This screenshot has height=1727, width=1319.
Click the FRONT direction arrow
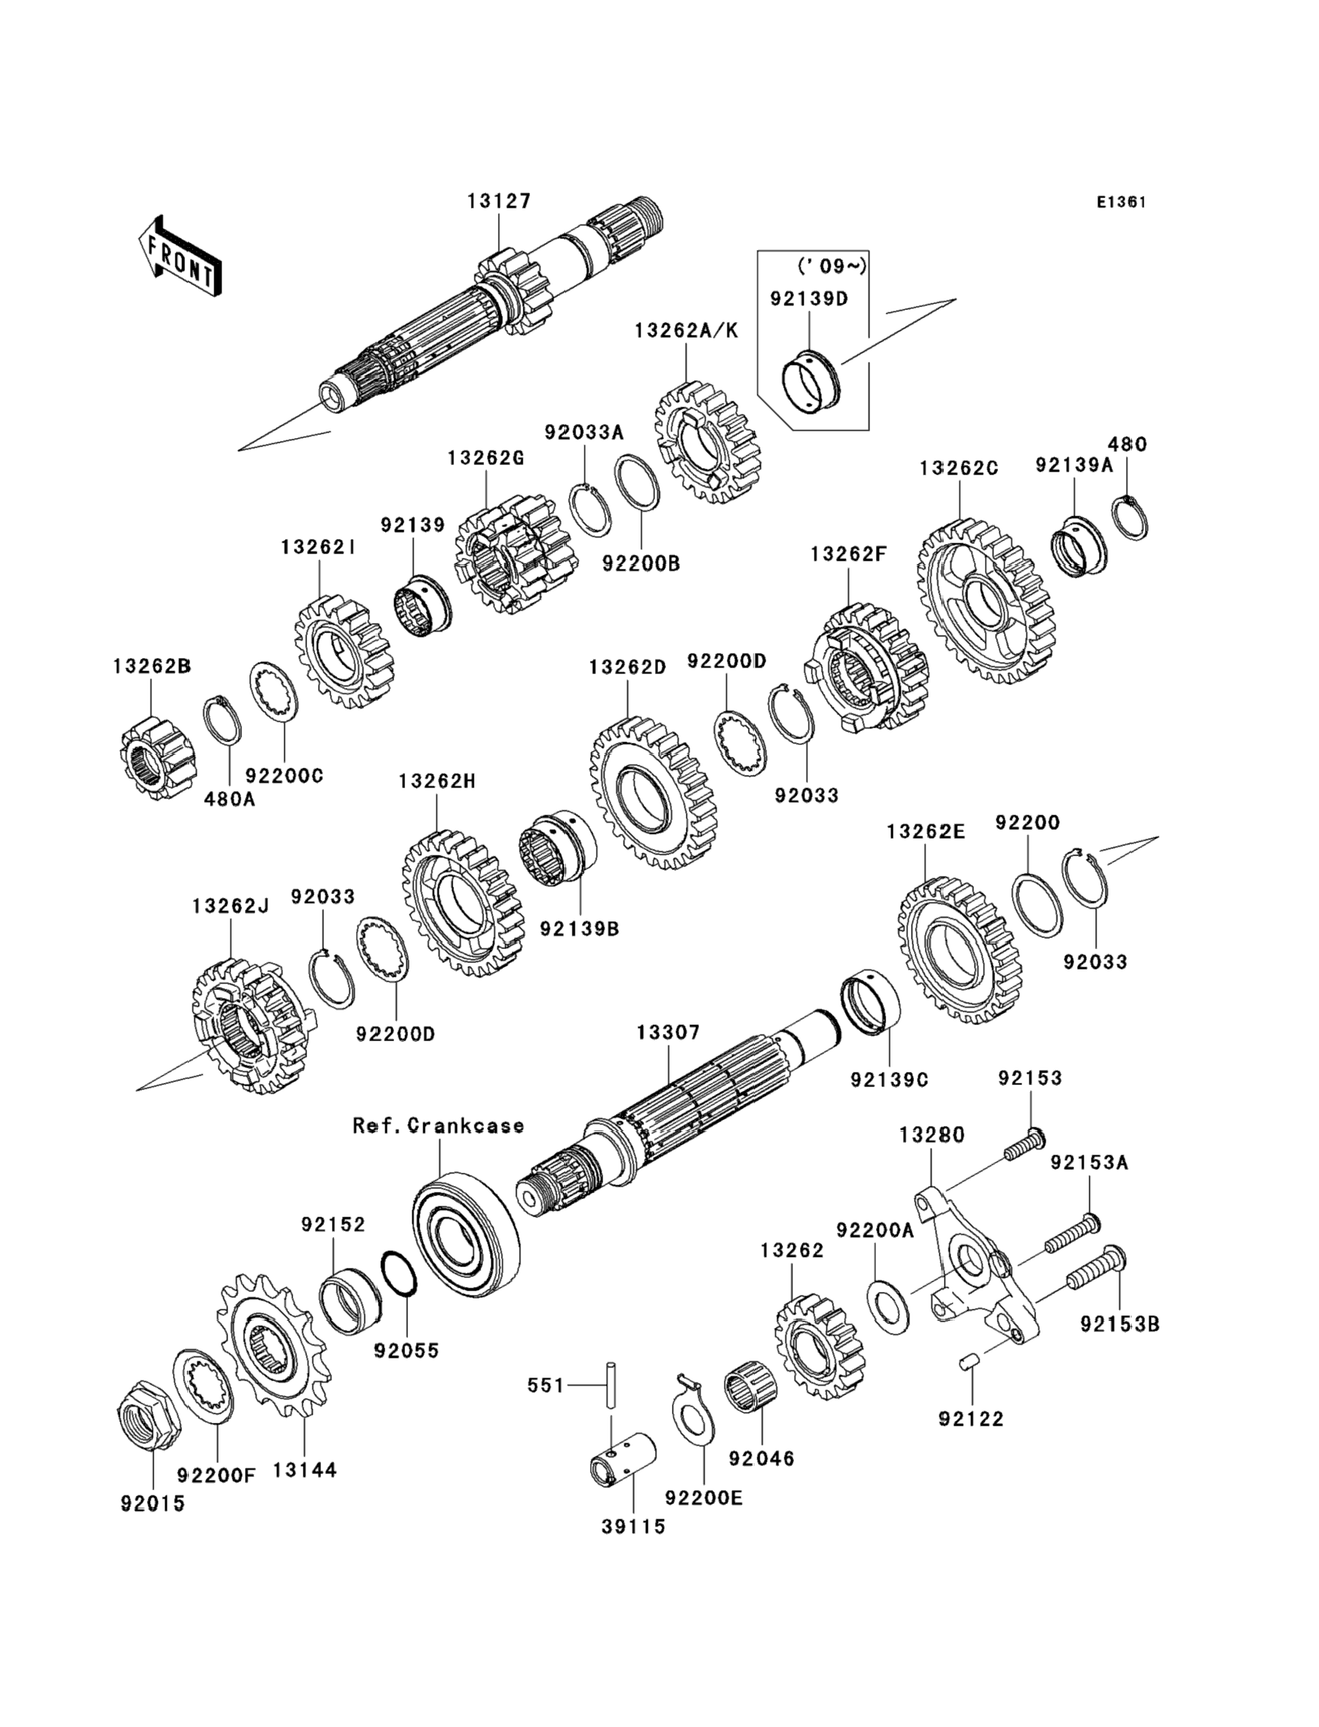click(x=178, y=257)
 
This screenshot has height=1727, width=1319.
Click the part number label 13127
click(x=499, y=201)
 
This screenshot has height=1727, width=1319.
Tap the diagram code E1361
click(x=1122, y=202)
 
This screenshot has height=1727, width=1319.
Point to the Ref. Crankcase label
click(x=438, y=1126)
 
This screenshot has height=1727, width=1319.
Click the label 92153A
click(x=1089, y=1163)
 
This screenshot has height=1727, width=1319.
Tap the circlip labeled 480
click(x=1130, y=518)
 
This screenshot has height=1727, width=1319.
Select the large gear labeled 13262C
click(x=987, y=600)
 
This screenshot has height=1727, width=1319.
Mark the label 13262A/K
click(x=687, y=330)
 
